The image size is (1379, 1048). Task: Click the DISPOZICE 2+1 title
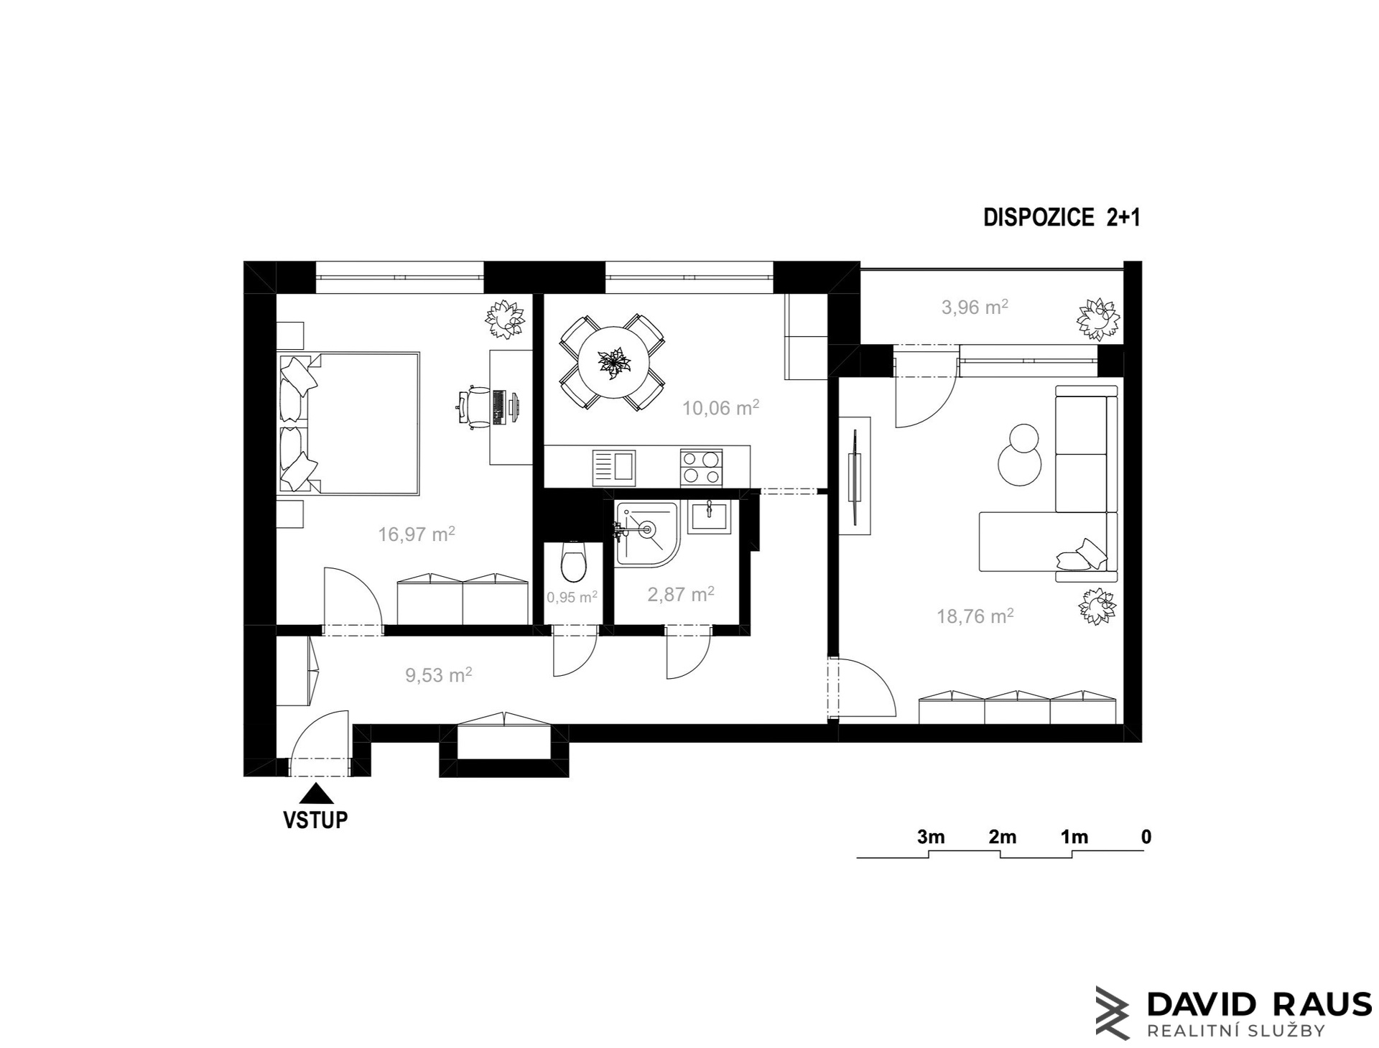pyautogui.click(x=1062, y=218)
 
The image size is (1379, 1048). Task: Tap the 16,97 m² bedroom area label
pyautogui.click(x=417, y=534)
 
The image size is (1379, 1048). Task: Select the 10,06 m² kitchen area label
pyautogui.click(x=720, y=409)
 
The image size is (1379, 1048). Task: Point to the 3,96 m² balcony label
pyautogui.click(x=975, y=307)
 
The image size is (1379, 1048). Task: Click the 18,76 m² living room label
pyautogui.click(x=975, y=616)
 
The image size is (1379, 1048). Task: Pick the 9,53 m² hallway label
pyautogui.click(x=438, y=675)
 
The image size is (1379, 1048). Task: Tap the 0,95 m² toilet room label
pyautogui.click(x=572, y=597)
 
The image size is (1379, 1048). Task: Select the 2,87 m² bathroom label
pyautogui.click(x=680, y=594)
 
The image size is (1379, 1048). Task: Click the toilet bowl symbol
pyautogui.click(x=572, y=562)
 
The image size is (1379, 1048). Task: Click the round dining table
pyautogui.click(x=612, y=363)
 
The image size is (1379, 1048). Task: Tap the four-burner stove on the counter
pyautogui.click(x=701, y=467)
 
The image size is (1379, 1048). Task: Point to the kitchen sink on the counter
pyautogui.click(x=613, y=467)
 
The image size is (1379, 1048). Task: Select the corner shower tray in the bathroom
pyautogui.click(x=644, y=532)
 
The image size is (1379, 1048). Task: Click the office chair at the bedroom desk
pyautogui.click(x=473, y=407)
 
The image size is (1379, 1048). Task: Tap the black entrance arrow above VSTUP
pyautogui.click(x=316, y=794)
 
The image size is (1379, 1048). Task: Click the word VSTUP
pyautogui.click(x=316, y=820)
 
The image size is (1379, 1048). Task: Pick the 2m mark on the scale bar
pyautogui.click(x=1002, y=837)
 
